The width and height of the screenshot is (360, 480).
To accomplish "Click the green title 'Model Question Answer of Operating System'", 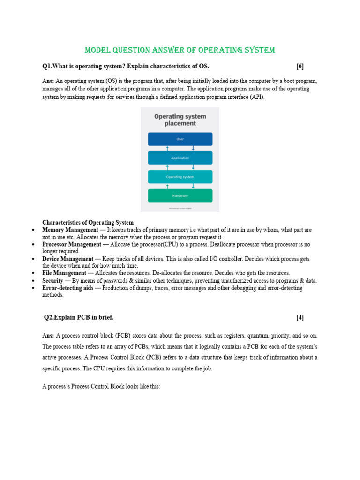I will [x=180, y=50].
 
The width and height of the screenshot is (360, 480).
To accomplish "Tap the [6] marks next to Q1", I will [x=300, y=66].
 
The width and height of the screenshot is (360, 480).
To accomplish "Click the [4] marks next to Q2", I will [x=300, y=317].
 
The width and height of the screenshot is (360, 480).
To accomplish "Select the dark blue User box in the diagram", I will [x=180, y=139].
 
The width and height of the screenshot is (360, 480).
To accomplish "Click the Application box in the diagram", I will [x=180, y=158].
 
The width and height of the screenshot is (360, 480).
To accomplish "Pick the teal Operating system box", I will [x=180, y=177].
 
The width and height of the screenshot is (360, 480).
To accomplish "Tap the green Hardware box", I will [x=180, y=195].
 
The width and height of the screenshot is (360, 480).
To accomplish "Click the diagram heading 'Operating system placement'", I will [x=180, y=120].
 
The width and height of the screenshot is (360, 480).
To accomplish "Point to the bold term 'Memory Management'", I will [x=69, y=230].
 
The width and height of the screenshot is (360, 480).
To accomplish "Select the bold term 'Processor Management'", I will [x=72, y=244].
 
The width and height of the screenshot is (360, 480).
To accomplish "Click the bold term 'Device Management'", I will [x=67, y=259].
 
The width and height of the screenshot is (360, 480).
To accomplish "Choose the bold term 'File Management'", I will [x=64, y=273].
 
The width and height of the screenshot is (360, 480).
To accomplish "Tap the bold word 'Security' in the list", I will [x=52, y=281].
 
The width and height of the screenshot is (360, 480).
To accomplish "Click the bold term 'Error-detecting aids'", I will [x=67, y=288].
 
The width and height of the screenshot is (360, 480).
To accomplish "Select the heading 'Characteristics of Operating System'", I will [x=88, y=223].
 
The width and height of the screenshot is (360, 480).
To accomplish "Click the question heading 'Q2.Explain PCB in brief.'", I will [x=79, y=317].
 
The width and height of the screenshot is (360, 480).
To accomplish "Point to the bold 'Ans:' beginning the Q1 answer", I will [x=48, y=81].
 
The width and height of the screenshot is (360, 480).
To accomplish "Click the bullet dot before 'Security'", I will [x=32, y=281].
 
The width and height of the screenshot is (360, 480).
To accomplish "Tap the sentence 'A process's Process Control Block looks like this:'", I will [x=101, y=388].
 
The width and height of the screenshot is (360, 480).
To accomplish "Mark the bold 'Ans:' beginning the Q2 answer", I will [x=48, y=336].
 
